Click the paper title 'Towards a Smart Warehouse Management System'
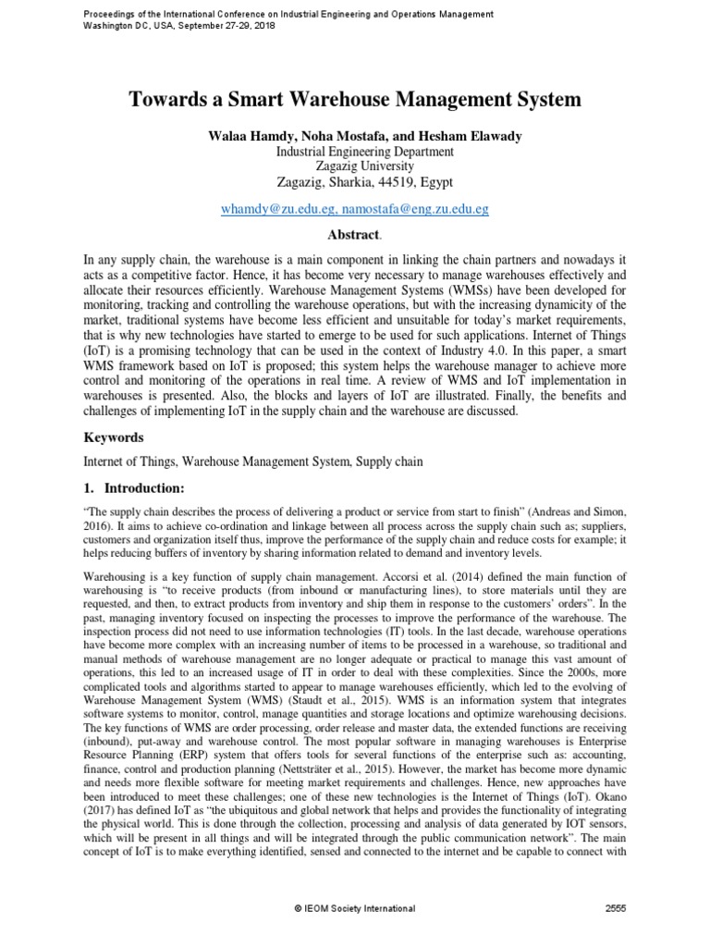point(355,99)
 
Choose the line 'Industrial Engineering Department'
point(355,152)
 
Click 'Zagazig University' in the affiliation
point(355,166)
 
